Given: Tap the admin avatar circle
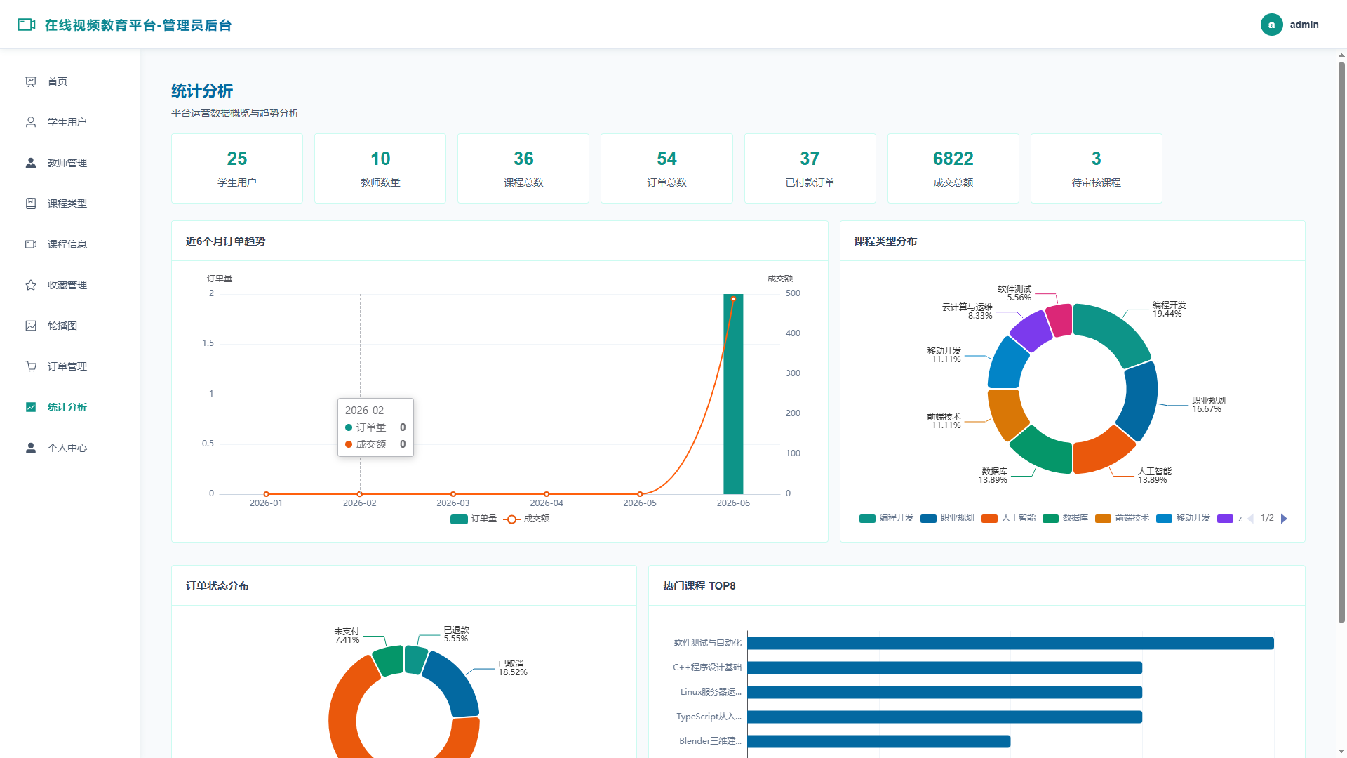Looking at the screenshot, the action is click(1271, 25).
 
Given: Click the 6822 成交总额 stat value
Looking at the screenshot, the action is click(953, 159).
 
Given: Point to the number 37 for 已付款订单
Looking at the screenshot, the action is click(810, 159).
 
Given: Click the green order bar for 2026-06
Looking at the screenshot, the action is click(733, 394).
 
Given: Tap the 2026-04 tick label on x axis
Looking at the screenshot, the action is click(547, 503).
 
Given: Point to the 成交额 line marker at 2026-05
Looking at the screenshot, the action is click(640, 494).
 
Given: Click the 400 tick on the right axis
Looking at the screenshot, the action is click(793, 333).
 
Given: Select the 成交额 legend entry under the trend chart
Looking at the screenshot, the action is click(527, 519).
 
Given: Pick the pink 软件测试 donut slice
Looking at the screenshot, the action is click(1059, 320).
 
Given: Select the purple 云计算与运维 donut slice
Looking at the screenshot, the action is click(1031, 330).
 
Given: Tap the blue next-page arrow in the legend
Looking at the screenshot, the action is click(1284, 519).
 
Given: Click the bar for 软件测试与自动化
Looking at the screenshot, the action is click(1010, 643).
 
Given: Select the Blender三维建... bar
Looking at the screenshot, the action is click(878, 741).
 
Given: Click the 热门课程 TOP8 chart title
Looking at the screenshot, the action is click(699, 586).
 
